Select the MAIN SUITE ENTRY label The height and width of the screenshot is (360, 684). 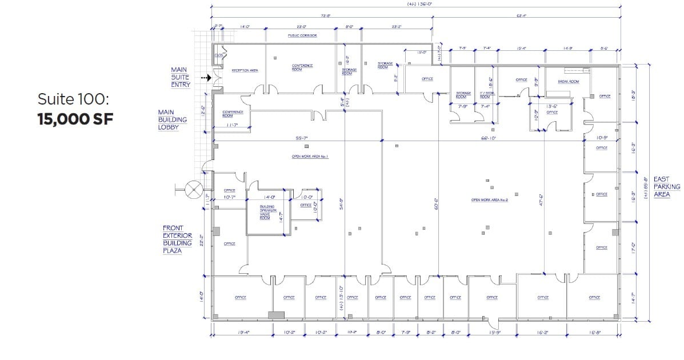tap(179, 77)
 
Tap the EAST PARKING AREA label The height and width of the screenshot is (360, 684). tap(666, 187)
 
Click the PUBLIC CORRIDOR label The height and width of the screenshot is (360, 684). tap(302, 35)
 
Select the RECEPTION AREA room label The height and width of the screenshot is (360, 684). tap(245, 71)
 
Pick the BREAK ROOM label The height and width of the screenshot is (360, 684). tap(568, 82)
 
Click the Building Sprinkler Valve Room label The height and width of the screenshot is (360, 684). tap(267, 211)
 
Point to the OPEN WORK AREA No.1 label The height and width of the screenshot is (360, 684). tap(310, 156)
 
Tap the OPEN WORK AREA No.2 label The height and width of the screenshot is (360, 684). tap(489, 200)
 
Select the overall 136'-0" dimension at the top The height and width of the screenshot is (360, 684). tap(415, 3)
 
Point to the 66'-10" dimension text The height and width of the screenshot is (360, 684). tap(489, 138)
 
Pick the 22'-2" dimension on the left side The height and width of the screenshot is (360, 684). tap(201, 242)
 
